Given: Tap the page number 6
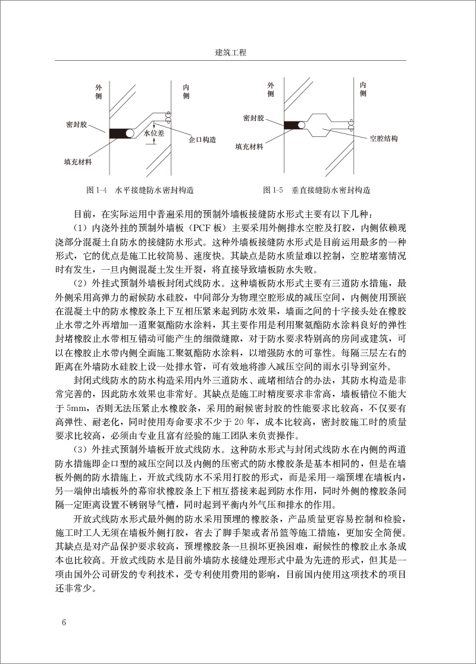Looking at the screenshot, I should tap(64, 623).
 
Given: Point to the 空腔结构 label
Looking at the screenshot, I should tap(383, 138).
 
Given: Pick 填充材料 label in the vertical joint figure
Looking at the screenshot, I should tap(249, 146).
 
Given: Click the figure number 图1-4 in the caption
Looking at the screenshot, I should tap(96, 191).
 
